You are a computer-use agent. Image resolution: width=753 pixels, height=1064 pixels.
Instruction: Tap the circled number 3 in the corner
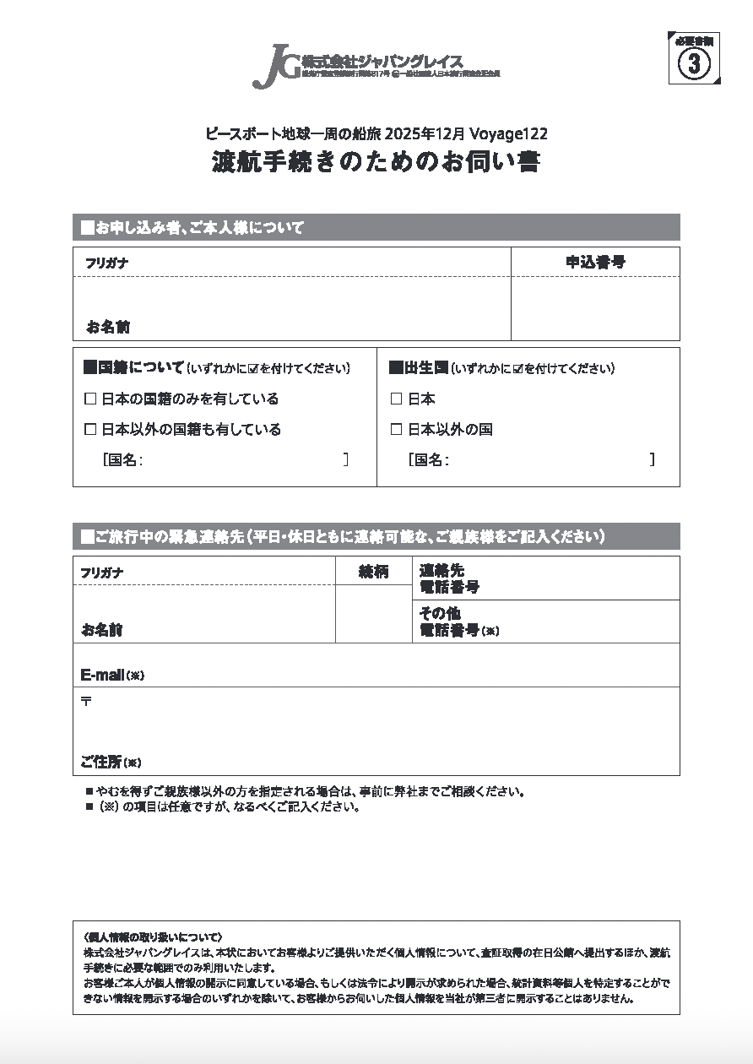[x=694, y=64]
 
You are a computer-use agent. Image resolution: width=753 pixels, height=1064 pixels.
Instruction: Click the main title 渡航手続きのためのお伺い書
[x=376, y=161]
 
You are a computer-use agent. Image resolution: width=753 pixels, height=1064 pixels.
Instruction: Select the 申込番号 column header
[x=595, y=262]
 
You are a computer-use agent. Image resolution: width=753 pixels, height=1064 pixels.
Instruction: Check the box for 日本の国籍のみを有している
[x=90, y=399]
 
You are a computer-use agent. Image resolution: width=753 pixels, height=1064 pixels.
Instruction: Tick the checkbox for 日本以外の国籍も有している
[x=90, y=429]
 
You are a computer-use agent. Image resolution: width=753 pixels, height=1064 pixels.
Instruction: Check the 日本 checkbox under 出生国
[x=396, y=399]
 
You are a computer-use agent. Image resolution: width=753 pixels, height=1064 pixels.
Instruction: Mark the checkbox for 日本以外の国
[x=396, y=429]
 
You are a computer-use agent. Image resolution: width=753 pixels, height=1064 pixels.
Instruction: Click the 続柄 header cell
[x=373, y=571]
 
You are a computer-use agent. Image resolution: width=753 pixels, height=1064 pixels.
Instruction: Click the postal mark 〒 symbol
[x=86, y=701]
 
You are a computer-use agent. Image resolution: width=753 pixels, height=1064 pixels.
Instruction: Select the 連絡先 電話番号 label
[x=449, y=578]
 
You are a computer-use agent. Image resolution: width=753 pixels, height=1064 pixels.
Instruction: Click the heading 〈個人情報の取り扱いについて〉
[x=153, y=937]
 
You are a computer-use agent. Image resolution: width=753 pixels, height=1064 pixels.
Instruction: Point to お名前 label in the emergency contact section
[x=102, y=629]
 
